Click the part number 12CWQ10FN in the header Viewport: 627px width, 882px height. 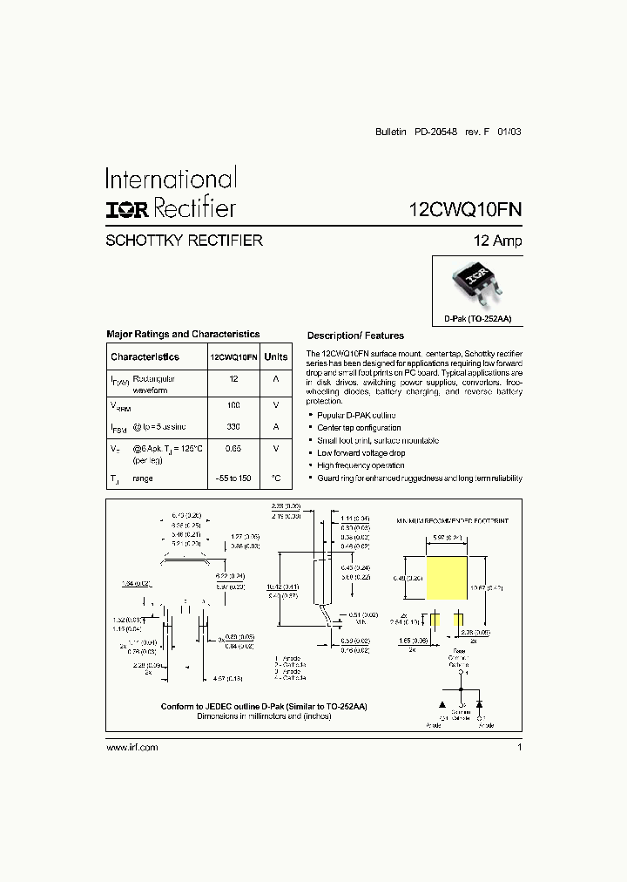[465, 210]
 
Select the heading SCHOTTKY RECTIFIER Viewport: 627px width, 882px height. [184, 241]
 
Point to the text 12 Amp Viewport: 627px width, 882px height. [497, 241]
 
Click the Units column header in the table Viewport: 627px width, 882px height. [276, 356]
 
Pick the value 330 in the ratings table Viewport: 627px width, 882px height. [233, 427]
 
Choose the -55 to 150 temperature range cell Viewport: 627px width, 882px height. [233, 478]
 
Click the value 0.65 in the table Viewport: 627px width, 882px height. [233, 448]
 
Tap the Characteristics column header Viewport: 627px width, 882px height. [145, 356]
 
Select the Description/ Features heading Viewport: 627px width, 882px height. [355, 336]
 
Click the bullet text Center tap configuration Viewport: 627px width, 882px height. [359, 428]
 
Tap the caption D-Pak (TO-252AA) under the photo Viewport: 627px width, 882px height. [478, 319]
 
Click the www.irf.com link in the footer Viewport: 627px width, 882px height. [131, 748]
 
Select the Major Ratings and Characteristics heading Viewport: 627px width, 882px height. [183, 334]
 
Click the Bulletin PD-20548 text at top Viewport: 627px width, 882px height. [419, 132]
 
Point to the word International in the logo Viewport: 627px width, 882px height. [171, 179]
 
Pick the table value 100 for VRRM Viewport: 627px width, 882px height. [233, 406]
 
